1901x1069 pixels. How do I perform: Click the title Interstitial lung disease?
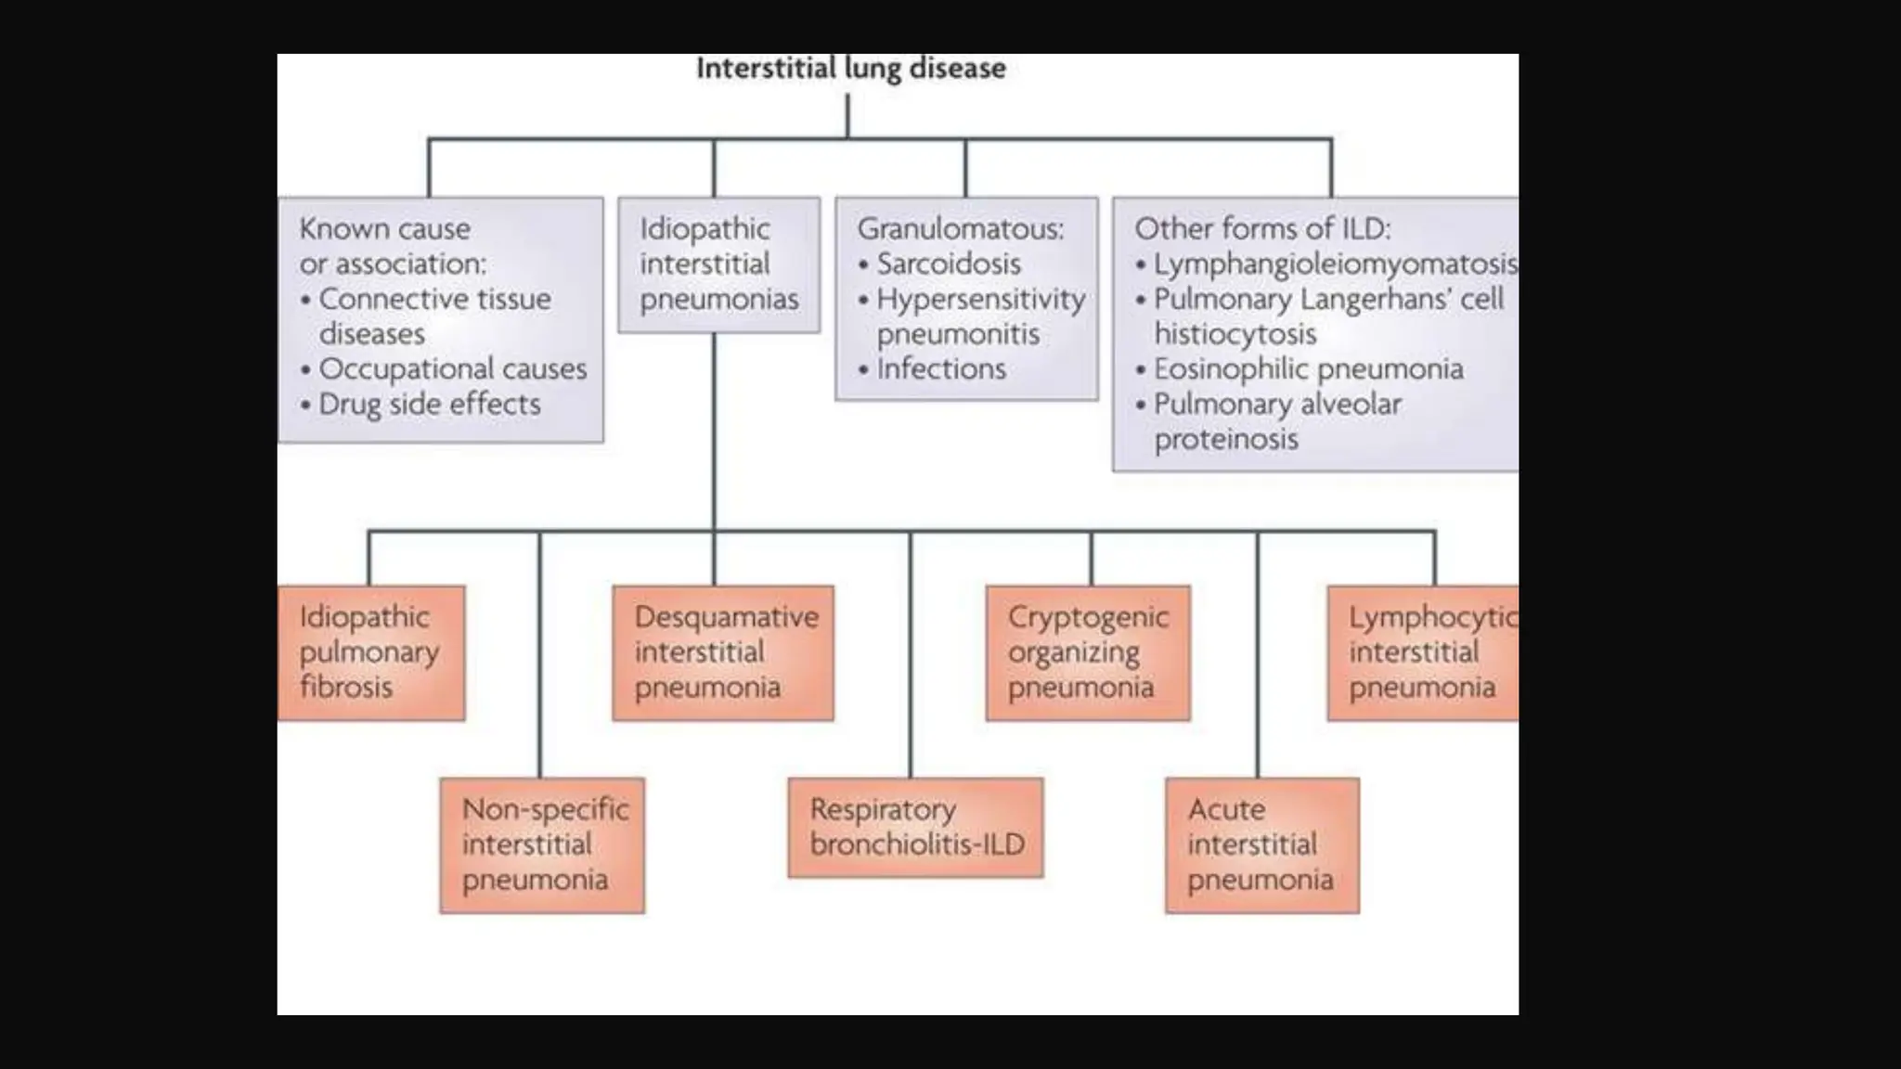[850, 68]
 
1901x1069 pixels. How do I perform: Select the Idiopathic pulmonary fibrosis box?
[370, 652]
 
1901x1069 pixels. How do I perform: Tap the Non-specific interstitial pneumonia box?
[542, 844]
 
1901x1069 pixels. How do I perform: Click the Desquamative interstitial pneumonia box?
[723, 652]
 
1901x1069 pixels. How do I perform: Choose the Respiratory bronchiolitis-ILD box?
[915, 827]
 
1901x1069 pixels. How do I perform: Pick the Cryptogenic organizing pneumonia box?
[1088, 652]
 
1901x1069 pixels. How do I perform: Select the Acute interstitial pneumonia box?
[1261, 844]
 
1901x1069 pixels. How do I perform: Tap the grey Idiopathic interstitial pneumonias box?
[718, 264]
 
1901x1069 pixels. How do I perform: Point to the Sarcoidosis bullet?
[948, 264]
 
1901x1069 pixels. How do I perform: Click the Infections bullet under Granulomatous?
[940, 369]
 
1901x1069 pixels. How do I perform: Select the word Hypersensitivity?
[980, 299]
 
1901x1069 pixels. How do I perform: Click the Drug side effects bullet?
[429, 405]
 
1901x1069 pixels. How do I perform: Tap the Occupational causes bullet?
[452, 369]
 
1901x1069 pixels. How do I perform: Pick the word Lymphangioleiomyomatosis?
[1335, 264]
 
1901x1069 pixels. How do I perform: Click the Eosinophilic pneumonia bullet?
[1308, 369]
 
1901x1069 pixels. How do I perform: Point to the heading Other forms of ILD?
[1262, 228]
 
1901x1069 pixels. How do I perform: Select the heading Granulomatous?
[960, 228]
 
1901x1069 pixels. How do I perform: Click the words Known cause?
[384, 228]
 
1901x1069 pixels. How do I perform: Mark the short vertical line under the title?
[847, 115]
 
